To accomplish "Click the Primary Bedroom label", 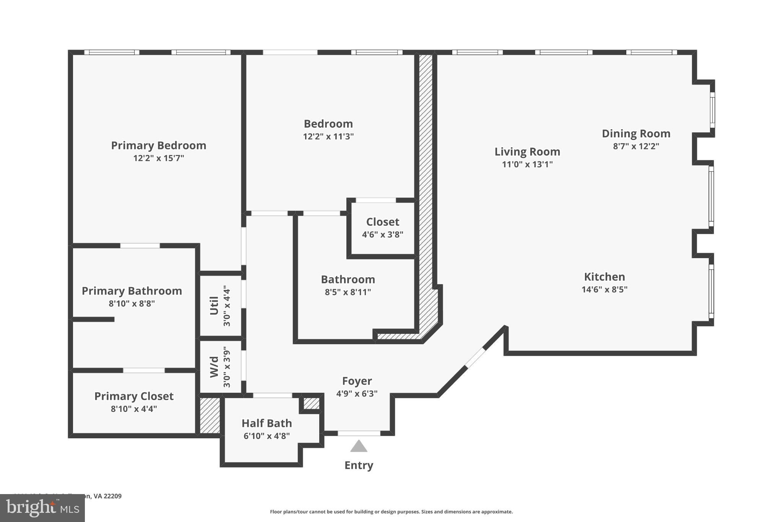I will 158,146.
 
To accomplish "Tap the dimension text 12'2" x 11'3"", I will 328,137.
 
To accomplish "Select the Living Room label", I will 527,152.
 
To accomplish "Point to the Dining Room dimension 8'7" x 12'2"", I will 636,146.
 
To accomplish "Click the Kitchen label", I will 604,277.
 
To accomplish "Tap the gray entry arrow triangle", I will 359,446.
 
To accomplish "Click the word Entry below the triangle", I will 359,465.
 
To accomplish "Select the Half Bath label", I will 266,423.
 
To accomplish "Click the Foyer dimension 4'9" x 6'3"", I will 357,394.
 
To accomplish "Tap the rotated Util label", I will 214,306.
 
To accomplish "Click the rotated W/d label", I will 214,367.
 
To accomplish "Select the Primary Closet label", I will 134,396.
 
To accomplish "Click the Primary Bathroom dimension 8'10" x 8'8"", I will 132,304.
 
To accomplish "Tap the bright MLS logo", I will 42,508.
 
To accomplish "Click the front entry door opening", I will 359,433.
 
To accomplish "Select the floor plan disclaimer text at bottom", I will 391,512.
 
